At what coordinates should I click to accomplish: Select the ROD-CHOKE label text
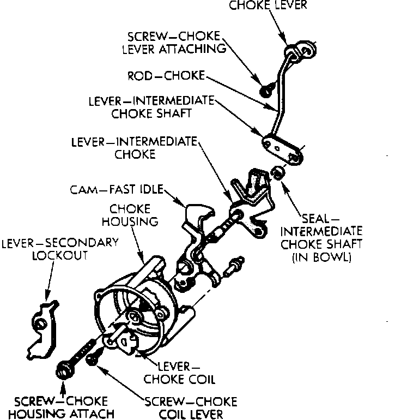pos(166,76)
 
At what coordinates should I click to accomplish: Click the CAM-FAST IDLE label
pos(116,190)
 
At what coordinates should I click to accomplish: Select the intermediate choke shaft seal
pos(277,173)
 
